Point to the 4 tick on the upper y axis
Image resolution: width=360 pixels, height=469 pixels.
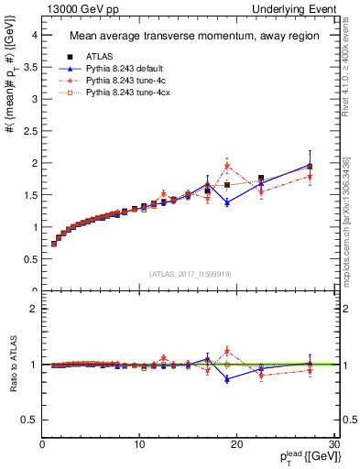[34, 35]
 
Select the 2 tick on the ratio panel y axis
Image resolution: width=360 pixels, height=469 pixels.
[34, 309]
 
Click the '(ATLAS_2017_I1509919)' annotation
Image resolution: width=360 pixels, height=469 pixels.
[191, 272]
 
